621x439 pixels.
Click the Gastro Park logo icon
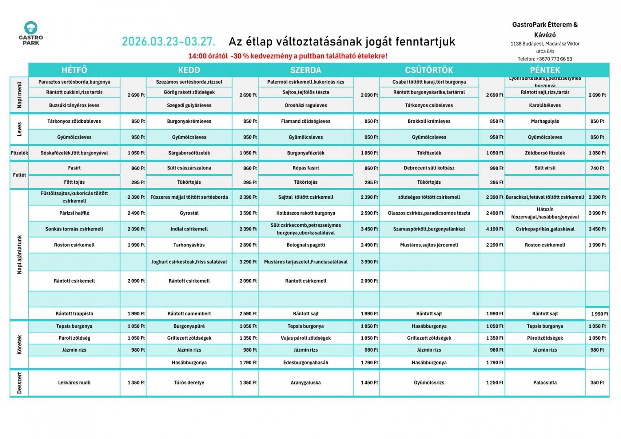31,28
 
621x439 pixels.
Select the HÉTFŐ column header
74,70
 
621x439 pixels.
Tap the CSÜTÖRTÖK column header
429,70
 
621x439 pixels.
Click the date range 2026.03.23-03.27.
168,42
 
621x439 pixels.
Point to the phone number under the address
545,59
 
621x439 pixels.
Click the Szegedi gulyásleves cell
189,105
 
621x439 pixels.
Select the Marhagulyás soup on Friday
545,121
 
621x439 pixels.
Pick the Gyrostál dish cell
189,213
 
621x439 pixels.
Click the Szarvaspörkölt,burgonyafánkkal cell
429,229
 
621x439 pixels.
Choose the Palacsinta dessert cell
545,382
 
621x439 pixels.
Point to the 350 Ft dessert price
597,382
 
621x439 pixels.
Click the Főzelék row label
19,153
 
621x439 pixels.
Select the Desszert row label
19,382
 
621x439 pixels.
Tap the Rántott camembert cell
189,314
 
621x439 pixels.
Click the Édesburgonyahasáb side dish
305,363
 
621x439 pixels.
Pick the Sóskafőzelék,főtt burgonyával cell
74,153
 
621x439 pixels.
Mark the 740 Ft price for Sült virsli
597,168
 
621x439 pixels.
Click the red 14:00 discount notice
288,56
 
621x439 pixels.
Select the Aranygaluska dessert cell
305,382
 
